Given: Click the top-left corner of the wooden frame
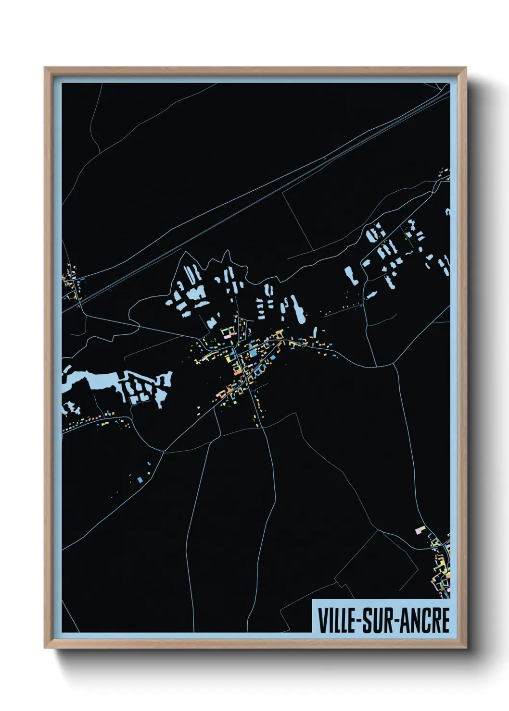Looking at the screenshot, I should coord(45,68).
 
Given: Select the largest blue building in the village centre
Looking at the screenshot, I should coord(253,356).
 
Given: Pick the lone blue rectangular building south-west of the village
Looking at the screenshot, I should coord(140,479).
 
